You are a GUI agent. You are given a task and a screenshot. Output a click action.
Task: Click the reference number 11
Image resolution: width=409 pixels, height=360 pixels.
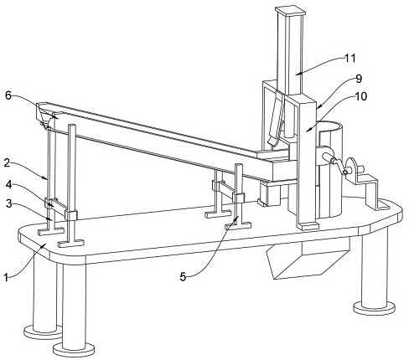click(350, 59)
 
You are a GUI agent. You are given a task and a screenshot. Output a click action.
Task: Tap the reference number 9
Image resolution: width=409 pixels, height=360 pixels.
click(359, 79)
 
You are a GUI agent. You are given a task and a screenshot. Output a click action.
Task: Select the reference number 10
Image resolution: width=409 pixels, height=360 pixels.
click(360, 96)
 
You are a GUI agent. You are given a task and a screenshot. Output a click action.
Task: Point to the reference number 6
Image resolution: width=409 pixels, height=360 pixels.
click(8, 95)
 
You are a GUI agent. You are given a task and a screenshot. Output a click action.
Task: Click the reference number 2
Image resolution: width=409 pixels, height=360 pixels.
click(7, 162)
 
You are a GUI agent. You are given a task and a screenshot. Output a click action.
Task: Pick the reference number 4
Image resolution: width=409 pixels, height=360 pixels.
click(8, 184)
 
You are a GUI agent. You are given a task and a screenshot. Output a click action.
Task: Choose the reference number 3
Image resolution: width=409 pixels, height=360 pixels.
click(9, 204)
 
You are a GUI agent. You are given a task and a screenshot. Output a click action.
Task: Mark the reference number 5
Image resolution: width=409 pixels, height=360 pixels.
click(183, 277)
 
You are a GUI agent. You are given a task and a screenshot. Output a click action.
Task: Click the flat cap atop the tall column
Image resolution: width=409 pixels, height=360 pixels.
click(290, 12)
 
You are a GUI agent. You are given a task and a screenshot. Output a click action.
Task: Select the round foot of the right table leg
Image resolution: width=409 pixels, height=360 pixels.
click(375, 308)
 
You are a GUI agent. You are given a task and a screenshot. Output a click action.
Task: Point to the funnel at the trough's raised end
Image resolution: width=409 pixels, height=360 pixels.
click(47, 115)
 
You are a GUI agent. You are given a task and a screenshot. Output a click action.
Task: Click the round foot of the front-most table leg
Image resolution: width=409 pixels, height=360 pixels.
click(74, 350)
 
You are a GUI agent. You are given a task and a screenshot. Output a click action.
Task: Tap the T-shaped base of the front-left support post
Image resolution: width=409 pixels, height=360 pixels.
click(71, 243)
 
